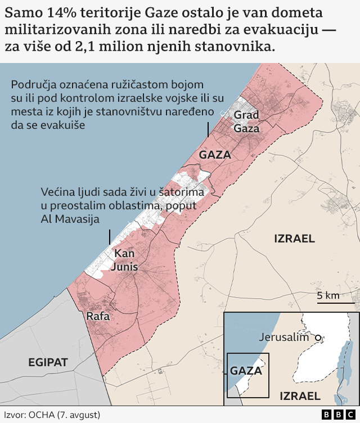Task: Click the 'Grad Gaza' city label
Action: pos(246,121)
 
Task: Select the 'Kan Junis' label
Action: pos(124,260)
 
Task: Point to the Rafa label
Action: pos(97,317)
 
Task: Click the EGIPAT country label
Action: pos(48,362)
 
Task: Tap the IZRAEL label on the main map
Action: pos(294,238)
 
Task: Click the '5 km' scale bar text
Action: pos(327,296)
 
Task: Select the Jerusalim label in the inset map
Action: pos(285,337)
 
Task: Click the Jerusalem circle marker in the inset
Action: pos(318,337)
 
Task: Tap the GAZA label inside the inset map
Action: pos(246,371)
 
